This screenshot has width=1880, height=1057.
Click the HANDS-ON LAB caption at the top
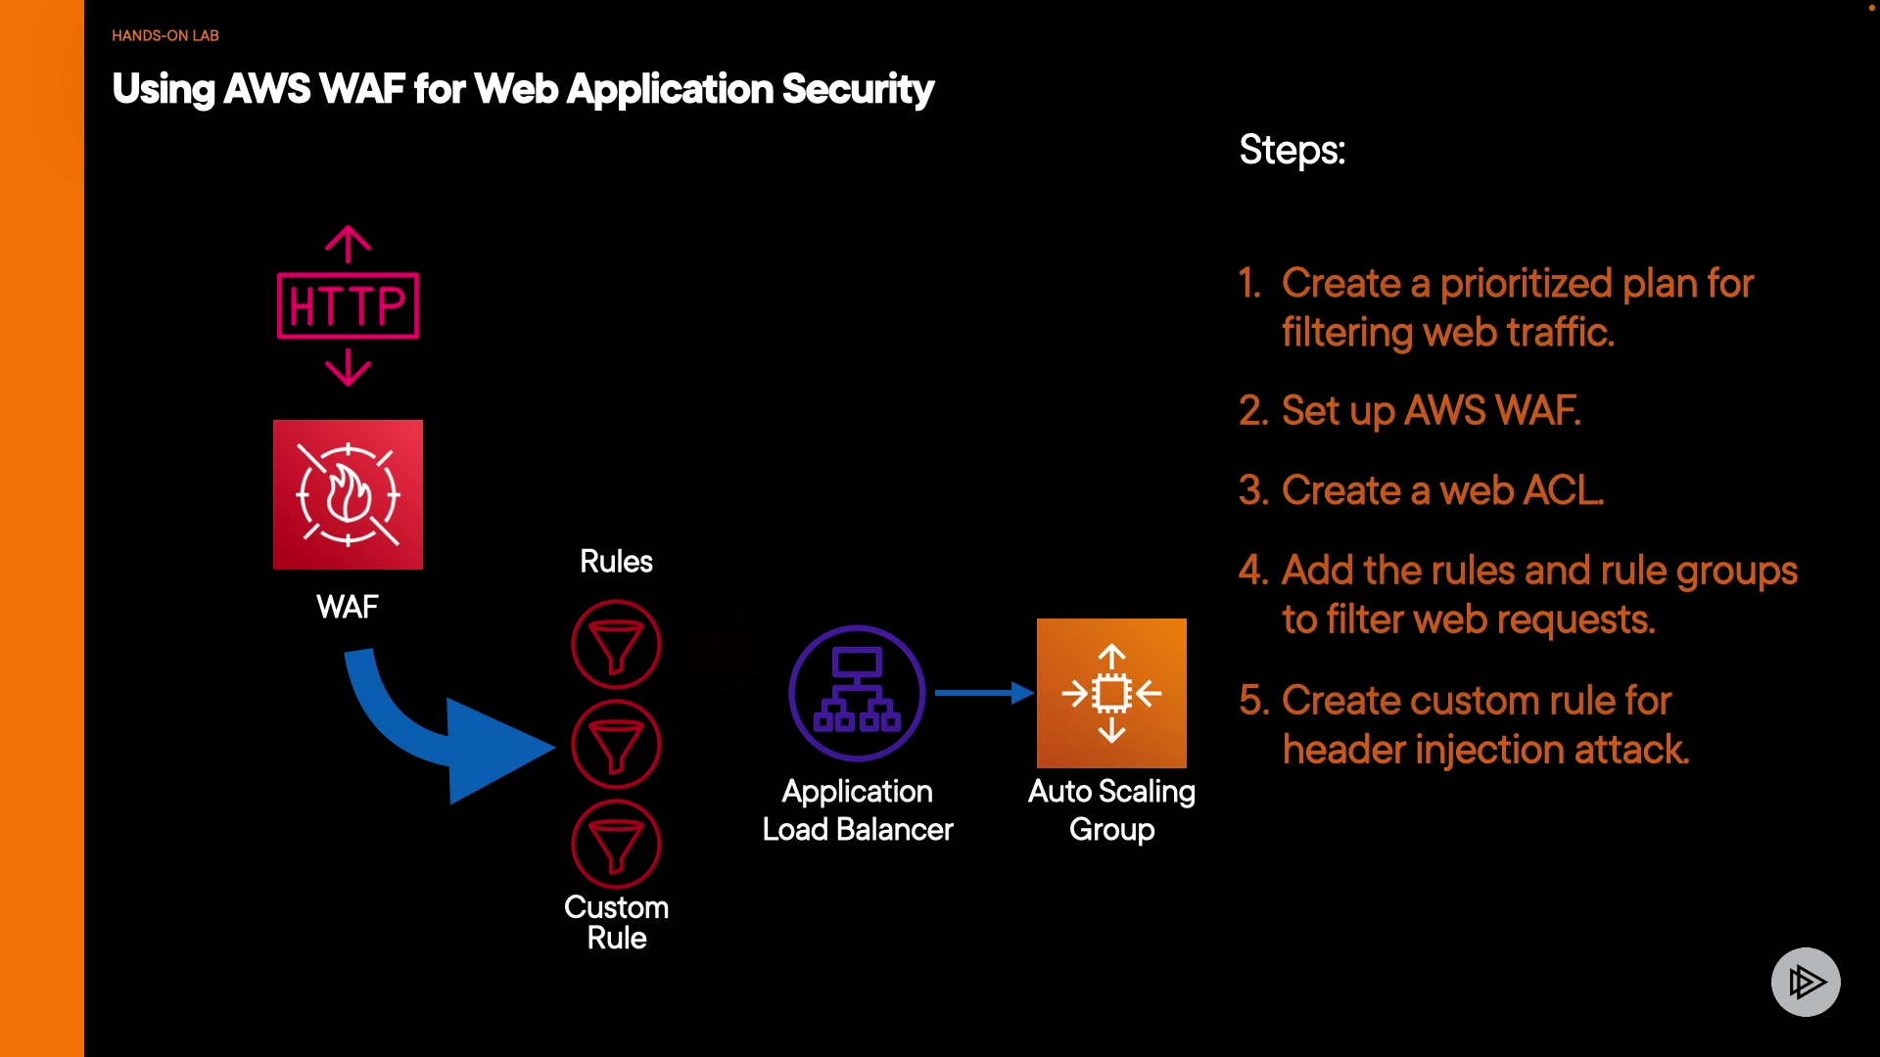click(x=164, y=36)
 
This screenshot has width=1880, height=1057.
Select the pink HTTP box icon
click(x=348, y=306)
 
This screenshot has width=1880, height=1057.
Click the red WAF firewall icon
click(x=348, y=494)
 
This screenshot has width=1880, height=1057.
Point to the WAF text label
click(x=347, y=607)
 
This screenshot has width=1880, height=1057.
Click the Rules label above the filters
click(x=616, y=562)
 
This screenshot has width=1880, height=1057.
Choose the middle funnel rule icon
click(x=616, y=745)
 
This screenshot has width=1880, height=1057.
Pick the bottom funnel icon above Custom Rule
click(x=616, y=845)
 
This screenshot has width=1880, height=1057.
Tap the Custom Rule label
click(x=616, y=922)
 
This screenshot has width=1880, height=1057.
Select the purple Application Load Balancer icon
click(x=857, y=693)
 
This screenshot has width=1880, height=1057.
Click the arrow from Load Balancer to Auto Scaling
click(x=983, y=693)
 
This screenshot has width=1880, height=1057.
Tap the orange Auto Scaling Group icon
click(x=1111, y=693)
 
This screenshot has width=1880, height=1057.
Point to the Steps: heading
click(x=1292, y=150)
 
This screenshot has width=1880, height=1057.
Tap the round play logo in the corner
click(x=1806, y=982)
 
